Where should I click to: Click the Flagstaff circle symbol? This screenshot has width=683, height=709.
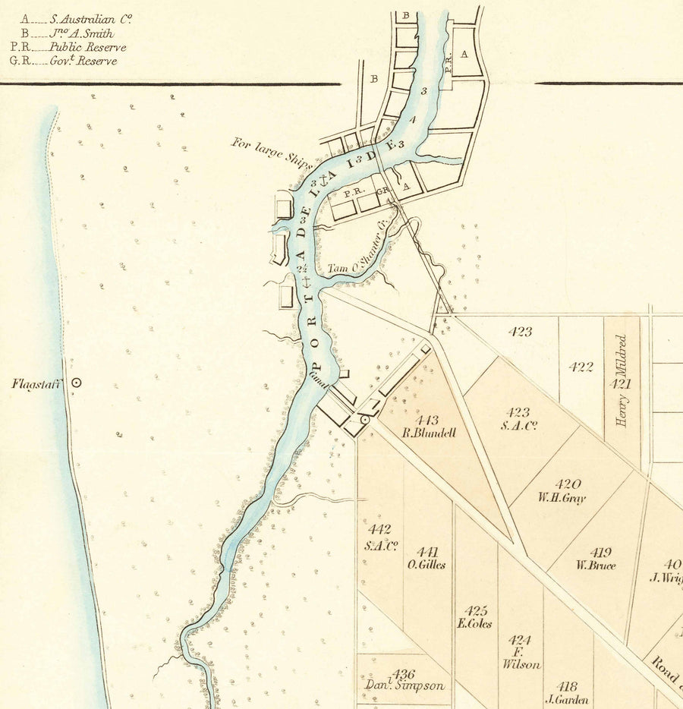click(76, 383)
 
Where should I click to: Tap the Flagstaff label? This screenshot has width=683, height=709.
click(36, 383)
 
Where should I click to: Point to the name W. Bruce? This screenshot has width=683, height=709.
click(596, 566)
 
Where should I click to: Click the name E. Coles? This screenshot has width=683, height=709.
click(475, 624)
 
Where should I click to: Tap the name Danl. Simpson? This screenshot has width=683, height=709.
click(404, 685)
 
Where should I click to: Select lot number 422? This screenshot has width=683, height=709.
click(581, 367)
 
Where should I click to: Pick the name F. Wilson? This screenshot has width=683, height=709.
click(521, 657)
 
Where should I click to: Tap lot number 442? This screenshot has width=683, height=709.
click(379, 530)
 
